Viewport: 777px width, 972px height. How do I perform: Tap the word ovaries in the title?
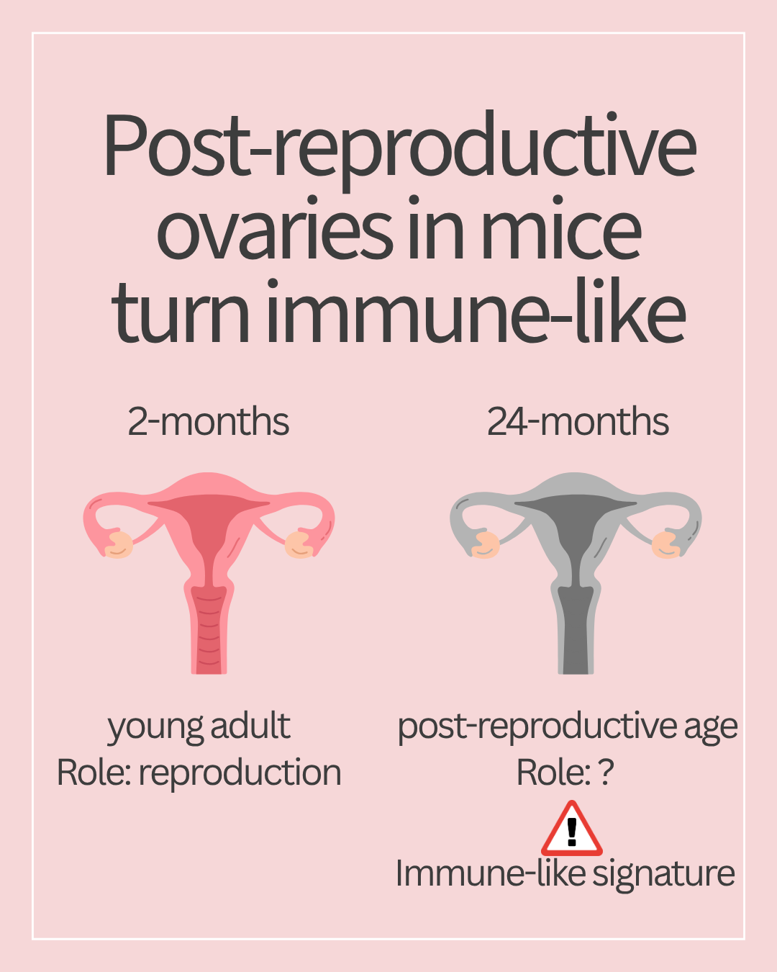(x=275, y=228)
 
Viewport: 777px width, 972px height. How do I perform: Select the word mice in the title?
(x=562, y=228)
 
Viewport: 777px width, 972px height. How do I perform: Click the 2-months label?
(x=208, y=421)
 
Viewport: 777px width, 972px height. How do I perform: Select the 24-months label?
(x=578, y=421)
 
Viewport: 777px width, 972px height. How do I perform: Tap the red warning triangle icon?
(x=571, y=829)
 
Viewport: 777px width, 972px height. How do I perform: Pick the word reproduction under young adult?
(x=240, y=773)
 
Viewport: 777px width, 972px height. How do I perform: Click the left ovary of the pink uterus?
(x=119, y=545)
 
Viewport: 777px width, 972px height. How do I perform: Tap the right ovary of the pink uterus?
(x=299, y=545)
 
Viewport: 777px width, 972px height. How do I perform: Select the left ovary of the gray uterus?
(x=486, y=545)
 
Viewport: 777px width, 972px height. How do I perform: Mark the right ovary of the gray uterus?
(x=666, y=545)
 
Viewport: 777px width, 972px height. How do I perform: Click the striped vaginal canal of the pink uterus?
(x=209, y=629)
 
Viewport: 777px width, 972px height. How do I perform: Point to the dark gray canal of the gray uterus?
(x=576, y=629)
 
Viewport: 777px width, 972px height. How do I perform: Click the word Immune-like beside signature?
(x=491, y=874)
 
